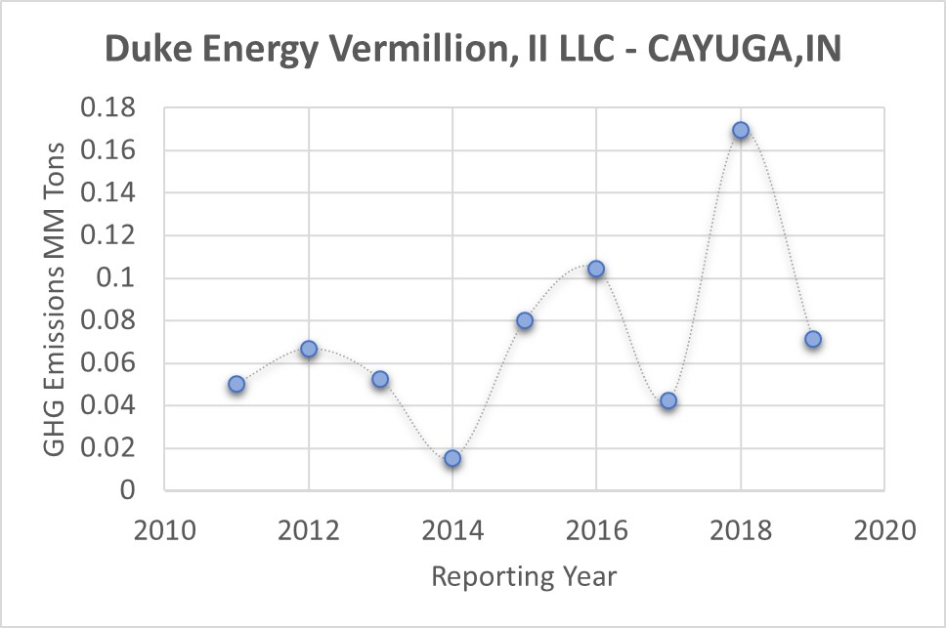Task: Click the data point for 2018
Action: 741,130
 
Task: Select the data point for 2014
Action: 452,458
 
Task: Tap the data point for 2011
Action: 236,384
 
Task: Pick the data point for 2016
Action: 596,269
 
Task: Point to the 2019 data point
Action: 812,339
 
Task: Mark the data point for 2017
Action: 668,400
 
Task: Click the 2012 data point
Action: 309,349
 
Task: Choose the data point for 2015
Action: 525,320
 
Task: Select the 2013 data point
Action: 380,379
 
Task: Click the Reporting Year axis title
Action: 524,576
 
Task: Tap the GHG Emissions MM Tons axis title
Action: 56,299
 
